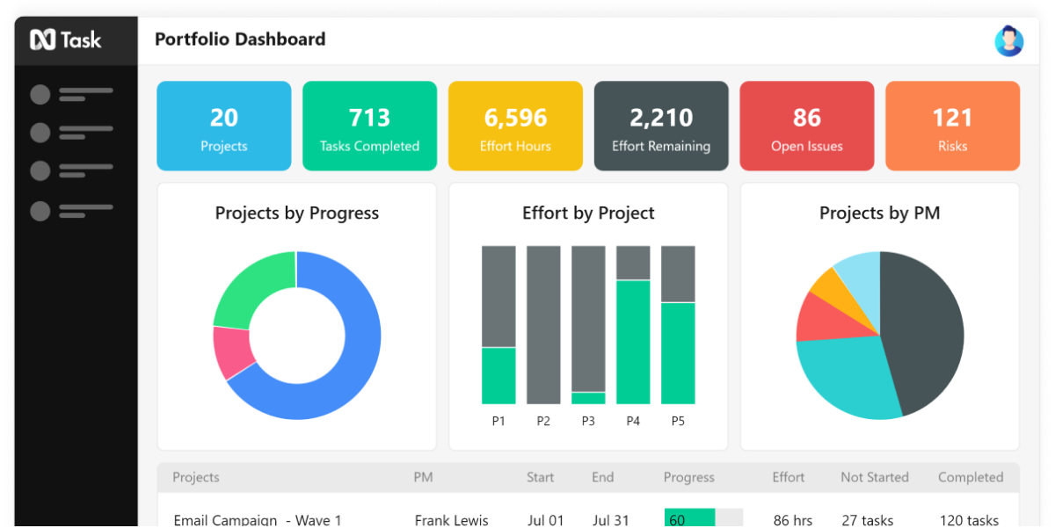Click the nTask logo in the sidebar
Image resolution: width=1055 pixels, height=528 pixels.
65,40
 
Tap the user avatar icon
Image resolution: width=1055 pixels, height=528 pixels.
1008,40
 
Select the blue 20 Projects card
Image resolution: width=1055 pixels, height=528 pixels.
224,126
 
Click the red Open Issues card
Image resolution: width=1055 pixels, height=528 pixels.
806,126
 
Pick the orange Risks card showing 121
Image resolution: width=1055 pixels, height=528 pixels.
952,126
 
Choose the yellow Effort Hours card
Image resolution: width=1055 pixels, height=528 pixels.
515,126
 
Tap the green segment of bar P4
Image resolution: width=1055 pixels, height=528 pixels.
633,342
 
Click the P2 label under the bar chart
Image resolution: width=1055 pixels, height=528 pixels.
543,421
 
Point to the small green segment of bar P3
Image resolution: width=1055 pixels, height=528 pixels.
588,398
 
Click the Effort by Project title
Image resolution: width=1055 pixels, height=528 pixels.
588,213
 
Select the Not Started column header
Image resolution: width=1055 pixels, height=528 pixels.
874,477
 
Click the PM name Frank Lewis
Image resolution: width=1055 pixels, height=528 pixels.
451,520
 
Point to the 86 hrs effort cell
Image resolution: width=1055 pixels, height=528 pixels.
792,520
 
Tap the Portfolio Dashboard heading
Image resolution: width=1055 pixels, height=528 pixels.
240,40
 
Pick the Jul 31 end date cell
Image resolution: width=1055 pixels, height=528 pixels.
610,520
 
